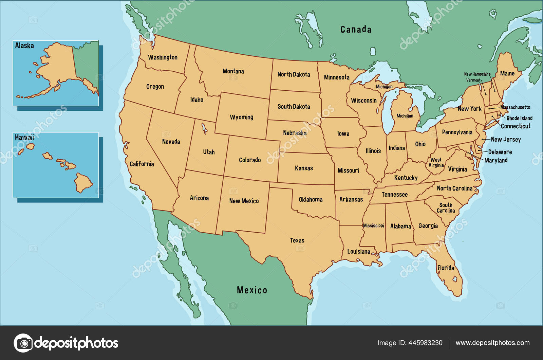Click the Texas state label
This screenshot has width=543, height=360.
click(x=297, y=240)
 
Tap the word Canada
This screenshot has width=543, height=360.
click(x=356, y=30)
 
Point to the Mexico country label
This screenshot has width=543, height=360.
click(x=252, y=290)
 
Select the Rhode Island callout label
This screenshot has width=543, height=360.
click(x=519, y=118)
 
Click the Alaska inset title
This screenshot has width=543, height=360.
click(x=24, y=46)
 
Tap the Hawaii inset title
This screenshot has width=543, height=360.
click(x=24, y=137)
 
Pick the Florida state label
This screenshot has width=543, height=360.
click(x=446, y=268)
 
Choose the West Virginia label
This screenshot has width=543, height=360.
click(x=436, y=162)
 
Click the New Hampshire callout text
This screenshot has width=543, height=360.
click(x=477, y=74)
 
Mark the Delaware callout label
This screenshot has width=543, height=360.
click(x=500, y=152)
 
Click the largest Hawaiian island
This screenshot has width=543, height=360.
click(x=83, y=183)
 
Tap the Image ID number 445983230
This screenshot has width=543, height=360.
click(x=425, y=343)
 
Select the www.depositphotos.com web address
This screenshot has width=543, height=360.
click(x=492, y=343)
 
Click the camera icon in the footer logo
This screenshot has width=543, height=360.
click(x=23, y=343)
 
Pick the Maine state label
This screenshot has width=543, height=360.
click(x=507, y=73)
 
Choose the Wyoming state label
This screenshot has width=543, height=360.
click(x=241, y=117)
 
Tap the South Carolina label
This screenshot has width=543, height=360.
click(x=446, y=208)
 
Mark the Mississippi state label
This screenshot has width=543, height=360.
click(x=373, y=226)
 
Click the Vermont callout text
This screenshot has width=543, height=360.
click(x=473, y=80)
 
